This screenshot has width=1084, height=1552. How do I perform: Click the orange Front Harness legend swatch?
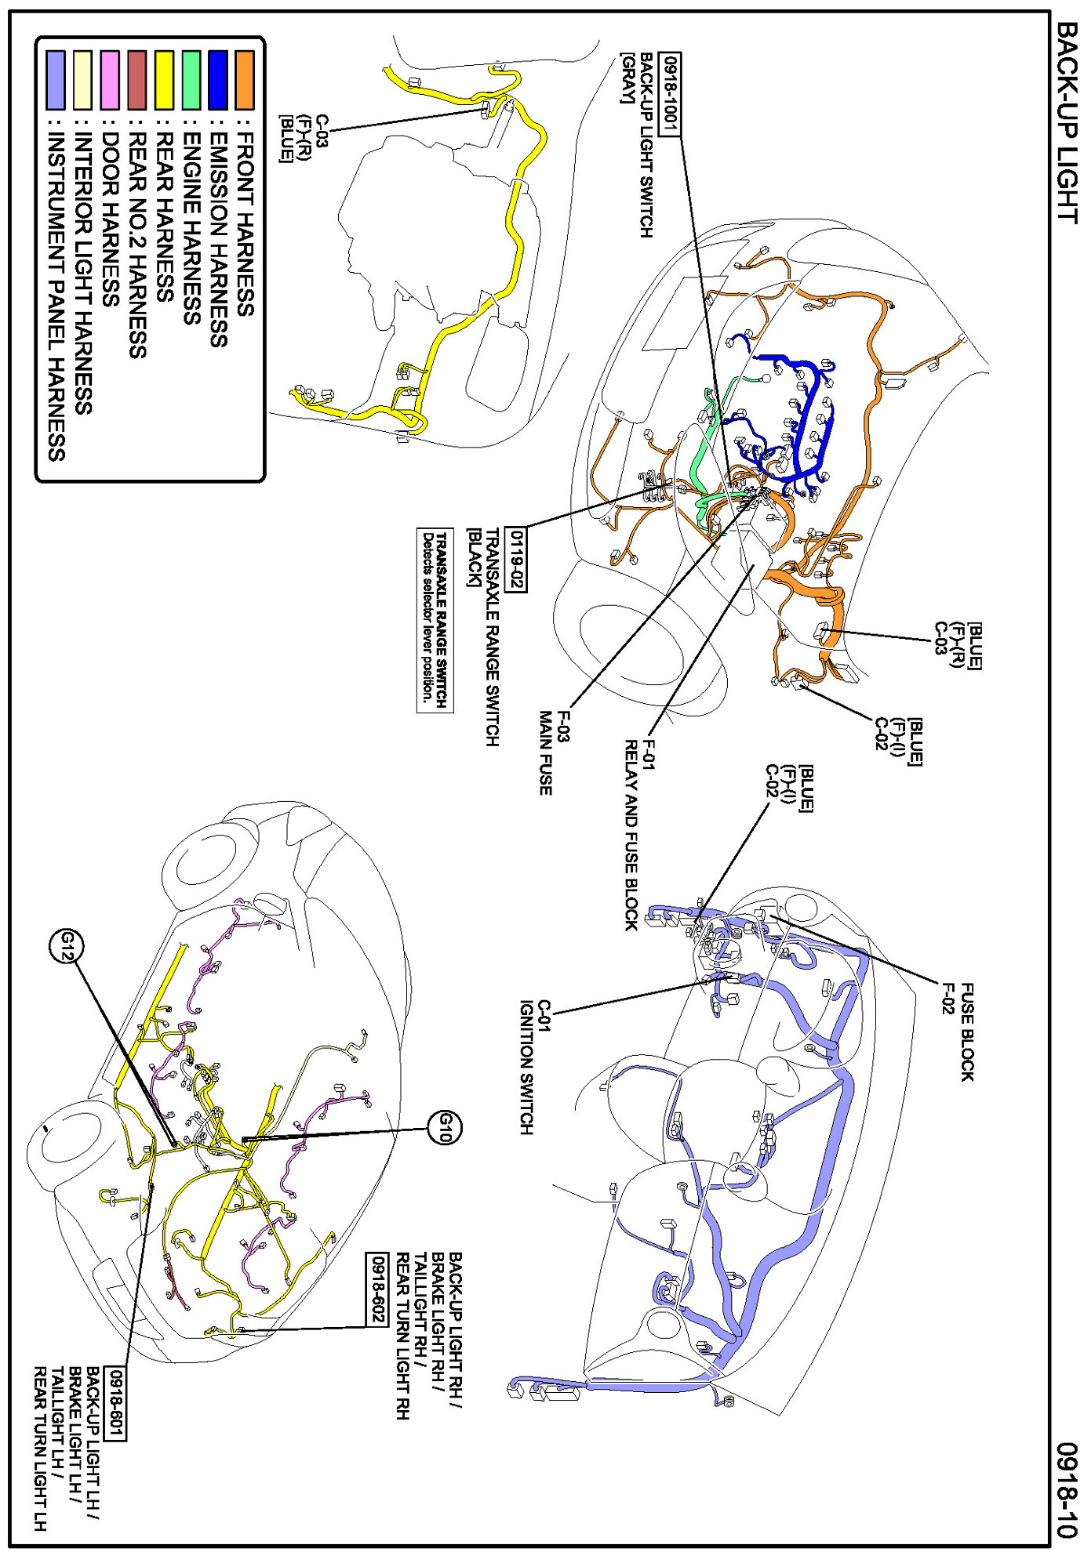coord(245,80)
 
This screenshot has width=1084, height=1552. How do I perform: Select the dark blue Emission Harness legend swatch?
coord(218,80)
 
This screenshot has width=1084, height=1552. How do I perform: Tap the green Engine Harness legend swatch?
coord(191,80)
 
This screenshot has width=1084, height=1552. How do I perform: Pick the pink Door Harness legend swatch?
coord(111,80)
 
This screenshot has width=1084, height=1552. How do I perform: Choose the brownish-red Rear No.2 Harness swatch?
coord(137,80)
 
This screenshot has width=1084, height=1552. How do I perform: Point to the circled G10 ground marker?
coord(445,1129)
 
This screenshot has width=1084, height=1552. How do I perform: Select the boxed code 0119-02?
coord(517,560)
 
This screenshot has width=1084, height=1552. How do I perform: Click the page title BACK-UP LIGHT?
coord(1068,122)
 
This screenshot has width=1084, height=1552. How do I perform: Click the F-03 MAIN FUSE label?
coord(554,752)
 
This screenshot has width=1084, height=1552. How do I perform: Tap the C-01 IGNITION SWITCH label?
coord(535,1066)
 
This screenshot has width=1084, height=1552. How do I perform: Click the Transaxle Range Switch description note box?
coord(435,619)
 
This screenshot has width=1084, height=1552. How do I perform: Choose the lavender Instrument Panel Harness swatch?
coord(56,80)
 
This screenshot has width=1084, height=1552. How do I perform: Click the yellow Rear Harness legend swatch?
coord(164,80)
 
